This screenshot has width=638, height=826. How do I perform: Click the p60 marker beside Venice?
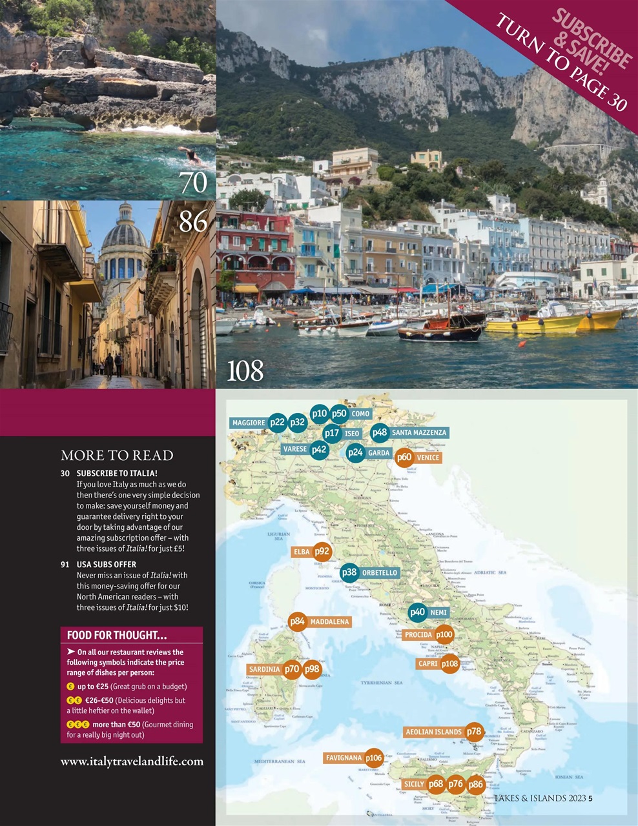[x=404, y=457]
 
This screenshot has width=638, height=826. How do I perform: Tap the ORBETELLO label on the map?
[x=380, y=572]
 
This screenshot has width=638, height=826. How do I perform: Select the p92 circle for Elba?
[x=322, y=552]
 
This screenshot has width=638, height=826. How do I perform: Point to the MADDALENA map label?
[x=329, y=622]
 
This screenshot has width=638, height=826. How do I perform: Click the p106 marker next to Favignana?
[x=374, y=758]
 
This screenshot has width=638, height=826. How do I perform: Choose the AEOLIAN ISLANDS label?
[x=433, y=732]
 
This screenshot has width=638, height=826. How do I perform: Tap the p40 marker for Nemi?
[x=418, y=612]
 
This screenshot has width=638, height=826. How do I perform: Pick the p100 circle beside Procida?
[x=444, y=635]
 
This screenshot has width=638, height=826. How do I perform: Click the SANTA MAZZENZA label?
[x=418, y=432]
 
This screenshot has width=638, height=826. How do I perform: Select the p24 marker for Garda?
[x=355, y=452]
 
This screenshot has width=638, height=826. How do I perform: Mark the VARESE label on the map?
[x=295, y=449]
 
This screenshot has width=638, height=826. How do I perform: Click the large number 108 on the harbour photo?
[x=245, y=371]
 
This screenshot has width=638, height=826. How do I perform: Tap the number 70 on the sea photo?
[x=194, y=183]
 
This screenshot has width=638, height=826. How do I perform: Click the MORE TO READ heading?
[x=117, y=456]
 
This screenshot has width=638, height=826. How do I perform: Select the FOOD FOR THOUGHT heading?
[x=117, y=635]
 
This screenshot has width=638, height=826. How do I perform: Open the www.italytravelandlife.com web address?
[x=132, y=761]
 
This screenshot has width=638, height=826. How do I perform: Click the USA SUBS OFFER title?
[x=107, y=564]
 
